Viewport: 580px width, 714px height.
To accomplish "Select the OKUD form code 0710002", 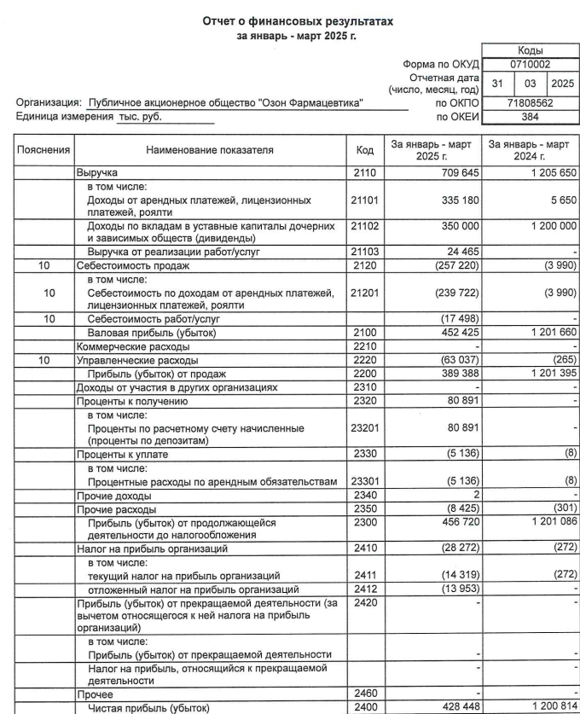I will pyautogui.click(x=531, y=63).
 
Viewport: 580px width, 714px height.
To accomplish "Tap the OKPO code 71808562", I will pyautogui.click(x=531, y=102).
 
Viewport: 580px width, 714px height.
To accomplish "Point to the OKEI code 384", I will pyautogui.click(x=531, y=117).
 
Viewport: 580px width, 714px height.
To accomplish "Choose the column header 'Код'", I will pyautogui.click(x=365, y=150).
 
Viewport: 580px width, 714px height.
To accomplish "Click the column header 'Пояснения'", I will pyautogui.click(x=44, y=150).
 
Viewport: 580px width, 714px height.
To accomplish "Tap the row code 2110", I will pyautogui.click(x=365, y=172).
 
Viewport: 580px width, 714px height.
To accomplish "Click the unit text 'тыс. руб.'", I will pyautogui.click(x=140, y=117).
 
